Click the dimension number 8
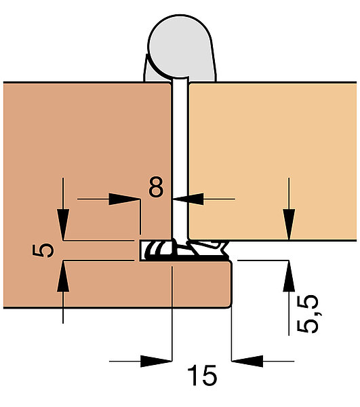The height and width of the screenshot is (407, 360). [156, 187]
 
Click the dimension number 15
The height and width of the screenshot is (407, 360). [202, 375]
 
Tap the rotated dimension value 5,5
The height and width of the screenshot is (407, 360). [307, 313]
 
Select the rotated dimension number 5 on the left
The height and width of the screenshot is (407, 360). [43, 250]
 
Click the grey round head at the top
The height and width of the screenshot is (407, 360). [181, 46]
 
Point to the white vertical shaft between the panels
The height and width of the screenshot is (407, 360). [180, 158]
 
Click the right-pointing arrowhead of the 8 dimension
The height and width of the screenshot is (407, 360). [124, 199]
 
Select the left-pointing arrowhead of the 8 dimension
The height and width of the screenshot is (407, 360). [188, 199]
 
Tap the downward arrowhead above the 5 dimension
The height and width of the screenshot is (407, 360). [63, 224]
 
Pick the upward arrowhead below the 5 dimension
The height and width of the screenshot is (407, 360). [63, 277]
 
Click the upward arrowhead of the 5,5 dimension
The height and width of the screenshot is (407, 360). [289, 275]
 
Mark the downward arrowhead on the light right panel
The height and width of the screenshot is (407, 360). [289, 225]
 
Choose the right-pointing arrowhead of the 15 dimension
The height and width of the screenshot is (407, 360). [156, 361]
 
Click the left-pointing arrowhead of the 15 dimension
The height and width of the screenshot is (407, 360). [247, 361]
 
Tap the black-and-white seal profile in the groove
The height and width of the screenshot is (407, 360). [184, 250]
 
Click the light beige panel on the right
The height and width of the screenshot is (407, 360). [273, 161]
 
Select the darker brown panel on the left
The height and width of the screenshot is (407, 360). [85, 161]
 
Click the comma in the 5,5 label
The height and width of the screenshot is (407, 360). [319, 313]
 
